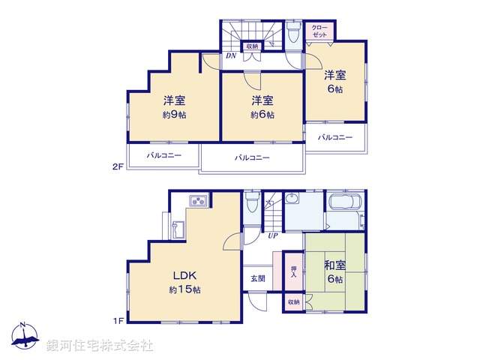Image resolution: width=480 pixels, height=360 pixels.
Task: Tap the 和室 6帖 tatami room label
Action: pyautogui.click(x=334, y=271)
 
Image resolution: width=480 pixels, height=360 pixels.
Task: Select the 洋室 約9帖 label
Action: pyautogui.click(x=174, y=107)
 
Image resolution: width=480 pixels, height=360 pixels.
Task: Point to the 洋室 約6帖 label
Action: pyautogui.click(x=262, y=107)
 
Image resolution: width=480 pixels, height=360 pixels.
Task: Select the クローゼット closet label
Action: pyautogui.click(x=319, y=31)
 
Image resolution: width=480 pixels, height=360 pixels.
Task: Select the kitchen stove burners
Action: pyautogui.click(x=199, y=200)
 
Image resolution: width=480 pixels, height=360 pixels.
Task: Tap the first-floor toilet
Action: pyautogui.click(x=251, y=203)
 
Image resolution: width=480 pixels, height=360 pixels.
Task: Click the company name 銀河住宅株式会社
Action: pyautogui.click(x=100, y=345)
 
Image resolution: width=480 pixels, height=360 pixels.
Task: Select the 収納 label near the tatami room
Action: pyautogui.click(x=292, y=301)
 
